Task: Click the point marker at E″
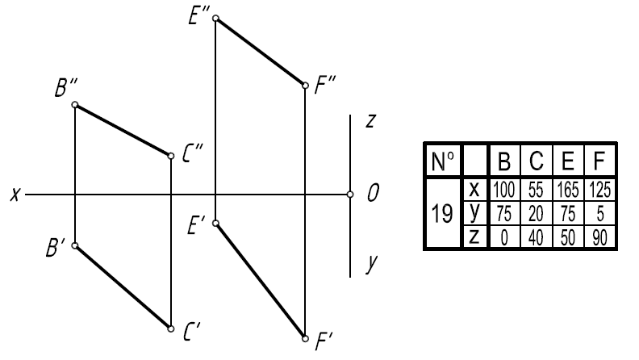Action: tap(216, 18)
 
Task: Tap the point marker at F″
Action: tap(305, 86)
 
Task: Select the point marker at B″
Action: tap(75, 105)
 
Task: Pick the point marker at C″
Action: tap(171, 156)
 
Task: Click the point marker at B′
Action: tap(75, 245)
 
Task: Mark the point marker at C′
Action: tap(171, 329)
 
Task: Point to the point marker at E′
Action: tap(216, 223)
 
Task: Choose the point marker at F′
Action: tap(305, 338)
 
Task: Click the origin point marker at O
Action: tap(350, 195)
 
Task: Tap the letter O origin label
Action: tap(373, 193)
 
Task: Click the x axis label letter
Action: tap(15, 195)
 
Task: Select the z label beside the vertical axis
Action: tap(370, 121)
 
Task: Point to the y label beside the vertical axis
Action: tap(372, 263)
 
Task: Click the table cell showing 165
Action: tap(568, 190)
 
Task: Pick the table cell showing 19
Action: tap(442, 213)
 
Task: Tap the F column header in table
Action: tap(599, 161)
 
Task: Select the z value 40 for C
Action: tap(536, 237)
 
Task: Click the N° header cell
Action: tap(443, 161)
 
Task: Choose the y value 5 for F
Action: tap(599, 214)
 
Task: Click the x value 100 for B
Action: tap(504, 190)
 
